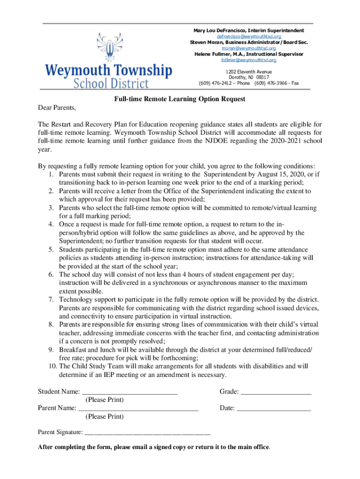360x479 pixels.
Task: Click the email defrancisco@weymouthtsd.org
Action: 248,36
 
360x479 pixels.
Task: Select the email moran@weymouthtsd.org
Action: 248,48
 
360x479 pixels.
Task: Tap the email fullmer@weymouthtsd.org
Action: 248,60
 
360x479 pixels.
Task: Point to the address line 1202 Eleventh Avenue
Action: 248,72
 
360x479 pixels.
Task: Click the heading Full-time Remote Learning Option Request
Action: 180,99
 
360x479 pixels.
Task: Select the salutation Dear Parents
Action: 56,108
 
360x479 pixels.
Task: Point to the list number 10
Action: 52,366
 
